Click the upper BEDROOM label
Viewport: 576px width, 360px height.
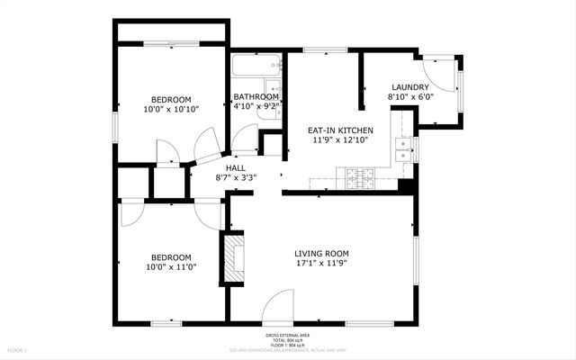(169, 99)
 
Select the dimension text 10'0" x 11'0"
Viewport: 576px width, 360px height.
(171, 266)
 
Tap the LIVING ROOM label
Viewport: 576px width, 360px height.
(321, 254)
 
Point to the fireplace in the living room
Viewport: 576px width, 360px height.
(234, 259)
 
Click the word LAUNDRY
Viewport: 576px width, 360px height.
(410, 86)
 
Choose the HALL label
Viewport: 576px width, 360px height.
(236, 167)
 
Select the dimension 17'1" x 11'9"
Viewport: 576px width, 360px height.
(321, 265)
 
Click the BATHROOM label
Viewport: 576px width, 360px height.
(256, 97)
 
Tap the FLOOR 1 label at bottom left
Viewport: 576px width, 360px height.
(17, 349)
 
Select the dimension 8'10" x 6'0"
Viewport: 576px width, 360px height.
(410, 96)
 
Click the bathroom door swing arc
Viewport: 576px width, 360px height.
(243, 138)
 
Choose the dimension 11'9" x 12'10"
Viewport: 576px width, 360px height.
(341, 140)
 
